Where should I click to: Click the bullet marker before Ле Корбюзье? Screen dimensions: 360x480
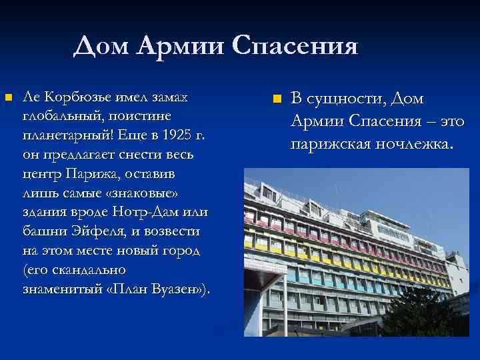[x=9, y=99]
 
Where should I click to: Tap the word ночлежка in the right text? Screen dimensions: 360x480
[x=414, y=143]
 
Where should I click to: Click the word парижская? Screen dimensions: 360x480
[x=329, y=143]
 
